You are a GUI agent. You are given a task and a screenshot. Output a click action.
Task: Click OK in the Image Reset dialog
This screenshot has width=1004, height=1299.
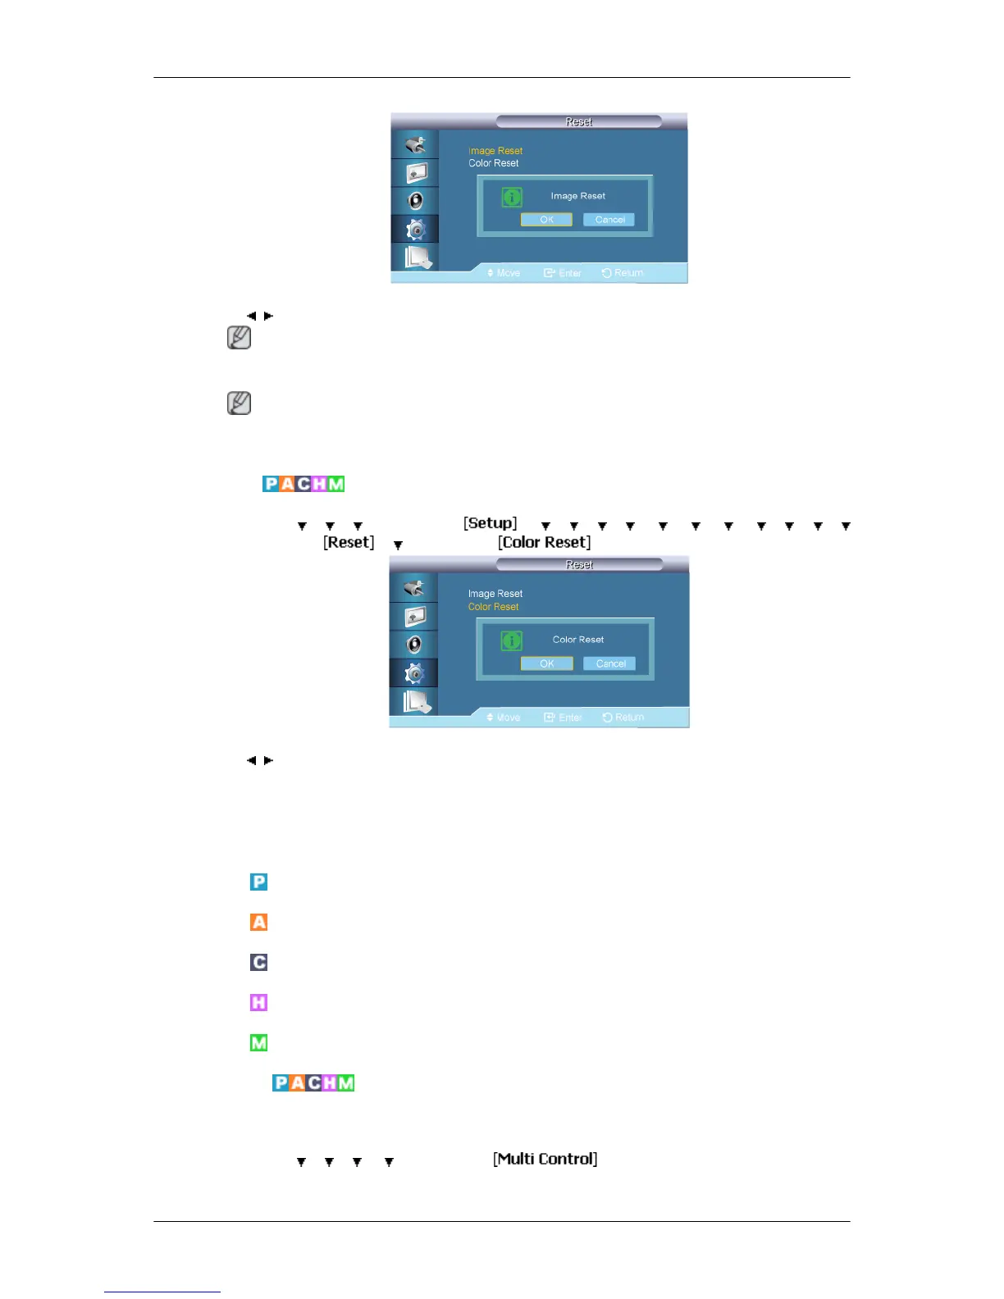click(x=546, y=220)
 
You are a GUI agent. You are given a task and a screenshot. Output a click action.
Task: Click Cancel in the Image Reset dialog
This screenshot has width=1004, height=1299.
click(x=609, y=220)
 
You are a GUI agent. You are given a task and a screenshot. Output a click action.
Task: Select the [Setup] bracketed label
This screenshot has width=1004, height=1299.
click(x=491, y=523)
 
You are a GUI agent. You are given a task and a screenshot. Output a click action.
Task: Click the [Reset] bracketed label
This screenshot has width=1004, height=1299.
click(x=349, y=542)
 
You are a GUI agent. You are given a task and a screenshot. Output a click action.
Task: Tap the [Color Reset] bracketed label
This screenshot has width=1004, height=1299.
click(x=544, y=542)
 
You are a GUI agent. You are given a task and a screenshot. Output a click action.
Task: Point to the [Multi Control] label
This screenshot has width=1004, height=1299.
click(x=545, y=1159)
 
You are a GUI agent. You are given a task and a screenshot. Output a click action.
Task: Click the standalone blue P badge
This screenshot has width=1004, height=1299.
click(x=258, y=882)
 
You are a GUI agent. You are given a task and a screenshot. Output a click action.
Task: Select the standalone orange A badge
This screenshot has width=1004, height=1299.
click(x=258, y=922)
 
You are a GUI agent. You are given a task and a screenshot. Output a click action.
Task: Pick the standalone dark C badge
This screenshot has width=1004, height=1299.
click(x=258, y=962)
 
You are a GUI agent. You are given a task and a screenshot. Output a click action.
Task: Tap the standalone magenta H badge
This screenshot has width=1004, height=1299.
click(x=258, y=1002)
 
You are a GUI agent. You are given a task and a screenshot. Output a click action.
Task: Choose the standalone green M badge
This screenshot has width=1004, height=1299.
click(x=258, y=1042)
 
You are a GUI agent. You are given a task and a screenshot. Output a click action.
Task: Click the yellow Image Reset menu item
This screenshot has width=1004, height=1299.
click(x=495, y=151)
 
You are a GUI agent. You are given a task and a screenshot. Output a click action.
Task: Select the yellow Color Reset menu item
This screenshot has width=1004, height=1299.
click(x=493, y=607)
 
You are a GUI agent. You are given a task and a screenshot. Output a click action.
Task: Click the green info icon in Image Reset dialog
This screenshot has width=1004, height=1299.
click(x=512, y=197)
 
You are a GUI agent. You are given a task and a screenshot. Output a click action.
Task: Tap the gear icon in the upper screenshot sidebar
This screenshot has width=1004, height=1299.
click(x=416, y=230)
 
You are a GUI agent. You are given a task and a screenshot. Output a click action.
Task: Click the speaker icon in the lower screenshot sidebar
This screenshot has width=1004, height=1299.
click(x=415, y=645)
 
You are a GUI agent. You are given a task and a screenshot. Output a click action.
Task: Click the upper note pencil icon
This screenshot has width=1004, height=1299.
click(x=239, y=338)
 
